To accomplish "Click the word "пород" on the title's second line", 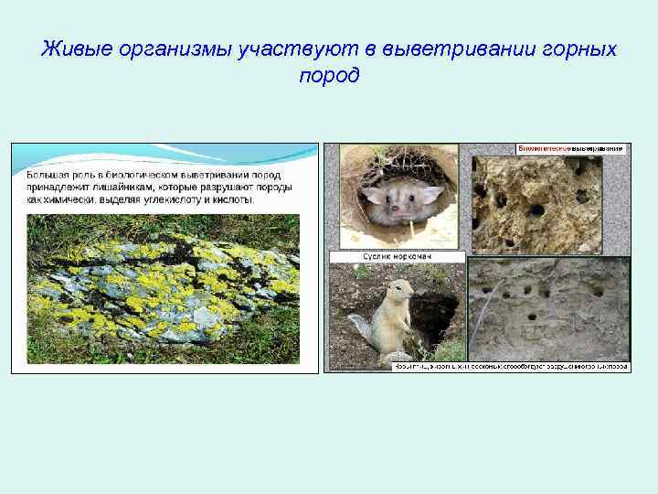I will (329, 75).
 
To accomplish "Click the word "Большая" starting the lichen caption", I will (46, 174).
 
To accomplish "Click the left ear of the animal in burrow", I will (374, 194).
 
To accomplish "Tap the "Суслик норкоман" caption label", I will (396, 257).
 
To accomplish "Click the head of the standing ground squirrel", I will (398, 295).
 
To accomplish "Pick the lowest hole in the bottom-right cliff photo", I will (532, 316).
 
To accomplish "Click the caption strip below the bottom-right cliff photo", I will (512, 366).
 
